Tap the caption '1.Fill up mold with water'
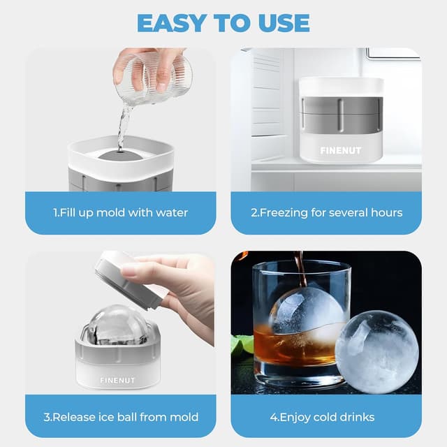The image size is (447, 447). pyautogui.click(x=120, y=212)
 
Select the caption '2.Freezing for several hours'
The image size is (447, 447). pyautogui.click(x=326, y=212)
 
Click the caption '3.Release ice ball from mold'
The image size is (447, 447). pyautogui.click(x=120, y=417)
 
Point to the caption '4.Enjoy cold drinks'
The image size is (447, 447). pyautogui.click(x=326, y=417)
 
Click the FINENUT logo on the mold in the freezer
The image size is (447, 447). pyautogui.click(x=341, y=149)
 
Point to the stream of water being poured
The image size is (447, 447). pyautogui.click(x=124, y=126)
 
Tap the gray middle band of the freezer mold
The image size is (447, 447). pyautogui.click(x=341, y=115)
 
